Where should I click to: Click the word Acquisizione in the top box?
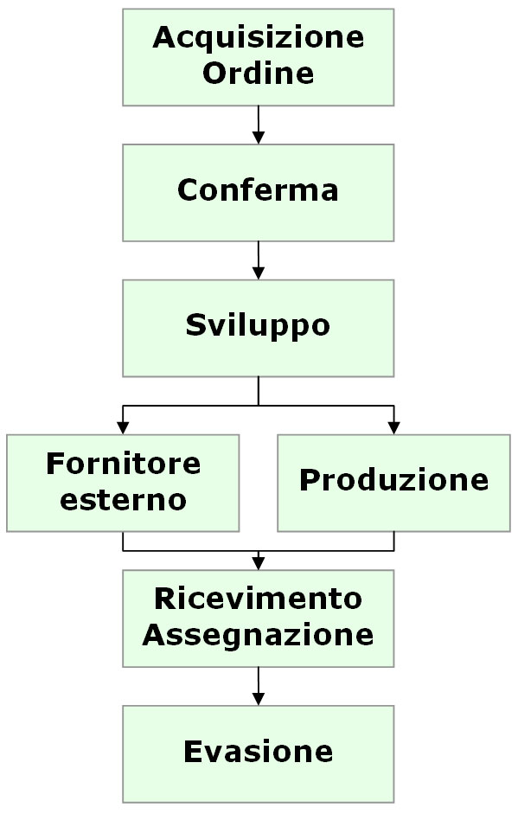pyautogui.click(x=258, y=37)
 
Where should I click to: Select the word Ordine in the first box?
pyautogui.click(x=258, y=74)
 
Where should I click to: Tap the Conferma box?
pyautogui.click(x=258, y=193)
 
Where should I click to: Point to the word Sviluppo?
pyautogui.click(x=258, y=326)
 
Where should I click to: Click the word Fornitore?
pyautogui.click(x=123, y=464)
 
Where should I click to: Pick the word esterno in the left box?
pyautogui.click(x=123, y=500)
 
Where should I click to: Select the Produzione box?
pyautogui.click(x=394, y=483)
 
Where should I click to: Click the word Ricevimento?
pyautogui.click(x=258, y=599)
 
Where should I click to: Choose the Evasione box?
pyautogui.click(x=258, y=754)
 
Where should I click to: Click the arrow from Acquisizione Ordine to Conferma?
pyautogui.click(x=258, y=125)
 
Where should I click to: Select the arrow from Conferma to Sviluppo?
pyautogui.click(x=258, y=260)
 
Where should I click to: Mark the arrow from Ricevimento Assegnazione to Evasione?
pyautogui.click(x=258, y=686)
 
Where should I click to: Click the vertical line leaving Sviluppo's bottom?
pyautogui.click(x=258, y=391)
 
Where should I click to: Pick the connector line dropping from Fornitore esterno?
pyautogui.click(x=123, y=541)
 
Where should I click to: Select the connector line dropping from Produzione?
pyautogui.click(x=394, y=541)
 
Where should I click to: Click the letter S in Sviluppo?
pyautogui.click(x=195, y=324)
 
